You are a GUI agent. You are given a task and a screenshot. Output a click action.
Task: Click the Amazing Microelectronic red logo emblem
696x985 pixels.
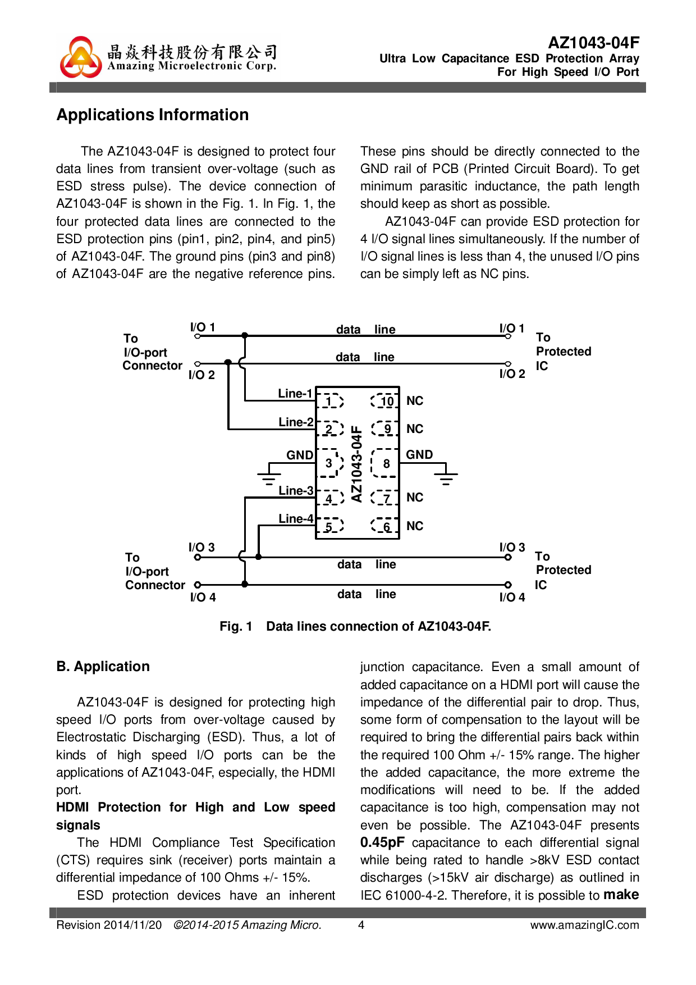click(81, 57)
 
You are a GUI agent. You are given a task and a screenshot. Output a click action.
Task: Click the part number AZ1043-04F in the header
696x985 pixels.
click(593, 43)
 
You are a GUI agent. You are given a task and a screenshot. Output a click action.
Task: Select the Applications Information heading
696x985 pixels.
click(153, 115)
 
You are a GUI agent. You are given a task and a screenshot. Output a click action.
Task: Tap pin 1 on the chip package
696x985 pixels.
click(330, 401)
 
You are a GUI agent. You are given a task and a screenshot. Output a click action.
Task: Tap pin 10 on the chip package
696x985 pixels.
click(386, 401)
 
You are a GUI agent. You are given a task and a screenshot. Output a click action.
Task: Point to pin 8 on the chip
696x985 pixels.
click(386, 463)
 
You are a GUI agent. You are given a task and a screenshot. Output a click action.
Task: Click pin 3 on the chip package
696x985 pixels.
click(329, 463)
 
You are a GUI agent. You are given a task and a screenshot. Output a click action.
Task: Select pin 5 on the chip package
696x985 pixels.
click(329, 526)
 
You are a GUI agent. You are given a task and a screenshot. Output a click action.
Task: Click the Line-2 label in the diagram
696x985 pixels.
click(296, 422)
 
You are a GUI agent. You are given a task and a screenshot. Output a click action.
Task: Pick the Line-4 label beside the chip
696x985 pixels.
click(296, 518)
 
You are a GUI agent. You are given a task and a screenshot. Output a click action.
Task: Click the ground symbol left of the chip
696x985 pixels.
click(269, 477)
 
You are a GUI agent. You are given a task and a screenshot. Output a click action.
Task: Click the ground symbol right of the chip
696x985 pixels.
click(446, 477)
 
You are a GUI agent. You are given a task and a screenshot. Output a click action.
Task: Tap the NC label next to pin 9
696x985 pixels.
click(415, 429)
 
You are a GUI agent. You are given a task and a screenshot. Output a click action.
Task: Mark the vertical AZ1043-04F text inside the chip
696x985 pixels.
click(356, 463)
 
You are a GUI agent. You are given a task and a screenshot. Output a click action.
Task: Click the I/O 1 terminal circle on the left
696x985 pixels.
click(197, 336)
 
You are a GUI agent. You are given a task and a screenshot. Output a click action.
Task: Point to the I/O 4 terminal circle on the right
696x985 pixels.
click(508, 585)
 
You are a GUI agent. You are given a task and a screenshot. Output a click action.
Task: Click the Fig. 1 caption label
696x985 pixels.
click(236, 626)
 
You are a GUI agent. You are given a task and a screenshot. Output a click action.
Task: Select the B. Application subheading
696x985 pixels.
click(103, 667)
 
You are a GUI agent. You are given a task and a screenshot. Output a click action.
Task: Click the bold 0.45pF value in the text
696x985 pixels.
click(382, 842)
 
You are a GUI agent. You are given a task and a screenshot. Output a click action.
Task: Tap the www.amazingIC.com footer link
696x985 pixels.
click(584, 925)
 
